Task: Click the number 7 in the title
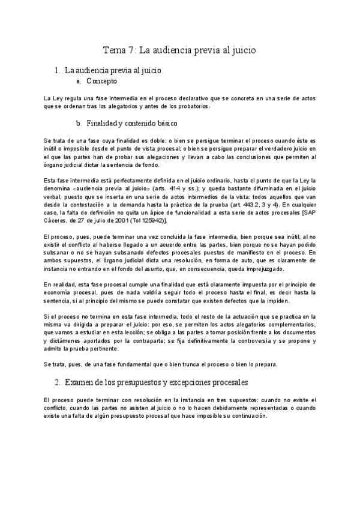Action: tap(130, 50)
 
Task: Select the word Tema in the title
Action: tap(113, 50)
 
